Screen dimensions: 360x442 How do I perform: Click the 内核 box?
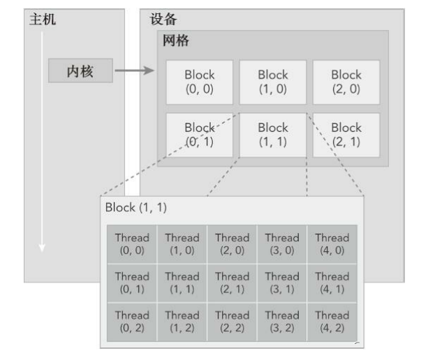(80, 70)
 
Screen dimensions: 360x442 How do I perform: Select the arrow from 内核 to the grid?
(133, 70)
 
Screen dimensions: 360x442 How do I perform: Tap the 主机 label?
(42, 20)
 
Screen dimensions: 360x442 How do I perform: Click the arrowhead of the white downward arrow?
(42, 247)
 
